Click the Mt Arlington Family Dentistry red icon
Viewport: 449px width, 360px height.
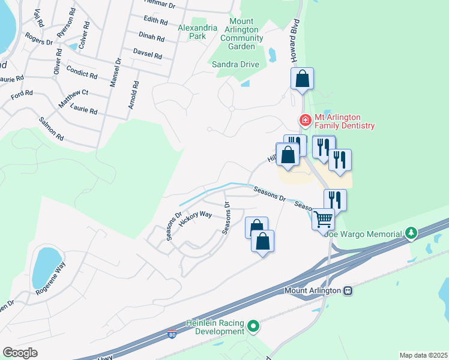(x=306, y=121)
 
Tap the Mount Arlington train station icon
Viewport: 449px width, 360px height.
(x=347, y=290)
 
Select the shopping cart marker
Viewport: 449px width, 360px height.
(x=322, y=220)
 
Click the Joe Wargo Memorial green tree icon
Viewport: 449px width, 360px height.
(x=411, y=233)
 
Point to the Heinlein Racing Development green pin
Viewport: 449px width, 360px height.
(x=253, y=327)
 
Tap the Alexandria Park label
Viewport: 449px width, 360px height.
(x=192, y=32)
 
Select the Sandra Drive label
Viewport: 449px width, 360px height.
(x=235, y=65)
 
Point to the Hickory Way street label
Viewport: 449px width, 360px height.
(x=196, y=218)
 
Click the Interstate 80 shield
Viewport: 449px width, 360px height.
(x=172, y=335)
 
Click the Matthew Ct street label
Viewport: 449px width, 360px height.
(x=73, y=99)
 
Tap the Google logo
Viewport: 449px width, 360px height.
(x=20, y=352)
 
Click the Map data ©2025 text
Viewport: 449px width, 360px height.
(x=423, y=355)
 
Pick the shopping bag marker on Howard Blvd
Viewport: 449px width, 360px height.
(x=302, y=79)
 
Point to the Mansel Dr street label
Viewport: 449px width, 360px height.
(x=114, y=72)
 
